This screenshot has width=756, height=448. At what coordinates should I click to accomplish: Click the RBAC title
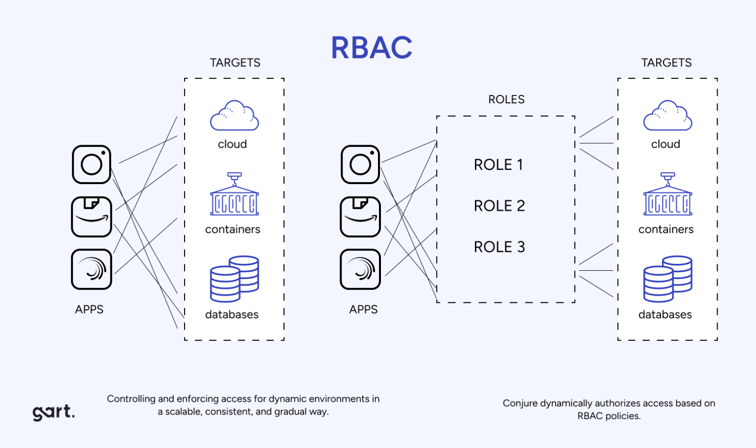click(372, 48)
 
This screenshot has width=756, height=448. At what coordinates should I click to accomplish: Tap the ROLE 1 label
click(498, 164)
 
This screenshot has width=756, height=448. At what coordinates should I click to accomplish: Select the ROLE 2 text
click(499, 206)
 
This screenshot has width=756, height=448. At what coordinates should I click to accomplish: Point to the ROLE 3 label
click(499, 247)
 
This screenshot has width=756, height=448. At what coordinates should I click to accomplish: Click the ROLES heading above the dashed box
click(506, 99)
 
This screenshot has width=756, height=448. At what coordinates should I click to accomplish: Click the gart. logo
click(54, 412)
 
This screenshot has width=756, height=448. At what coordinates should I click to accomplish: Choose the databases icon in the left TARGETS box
click(234, 279)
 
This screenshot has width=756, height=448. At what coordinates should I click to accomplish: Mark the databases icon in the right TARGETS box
click(667, 279)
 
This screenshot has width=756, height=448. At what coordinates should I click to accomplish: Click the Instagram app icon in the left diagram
click(92, 164)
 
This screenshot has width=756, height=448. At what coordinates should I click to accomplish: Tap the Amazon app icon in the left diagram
click(92, 217)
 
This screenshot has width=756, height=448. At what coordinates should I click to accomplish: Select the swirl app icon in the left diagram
click(92, 269)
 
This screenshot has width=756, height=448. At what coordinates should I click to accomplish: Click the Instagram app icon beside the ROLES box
click(360, 164)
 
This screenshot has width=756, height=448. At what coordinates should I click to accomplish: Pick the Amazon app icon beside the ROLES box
click(360, 217)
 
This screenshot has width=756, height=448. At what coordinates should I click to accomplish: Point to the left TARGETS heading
click(235, 63)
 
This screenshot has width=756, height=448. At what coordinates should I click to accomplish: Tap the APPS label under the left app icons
click(89, 310)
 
